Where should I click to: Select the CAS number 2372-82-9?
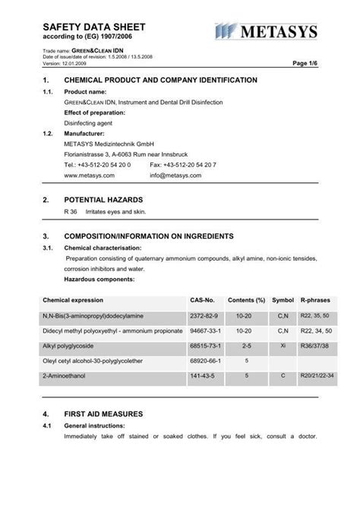204,315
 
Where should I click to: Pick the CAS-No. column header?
203,300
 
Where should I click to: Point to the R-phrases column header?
314,300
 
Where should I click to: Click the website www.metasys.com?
89,175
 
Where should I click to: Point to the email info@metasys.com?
175,175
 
